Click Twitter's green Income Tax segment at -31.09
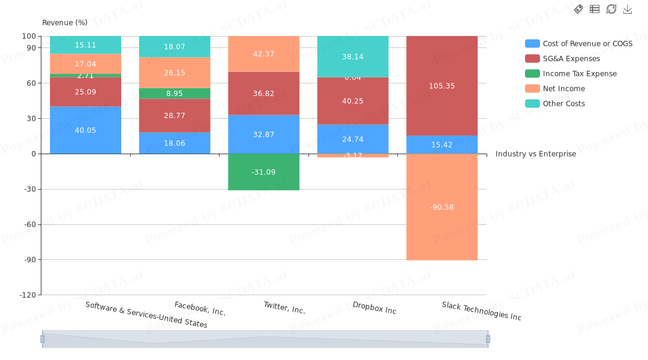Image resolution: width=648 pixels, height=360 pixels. point(263,172)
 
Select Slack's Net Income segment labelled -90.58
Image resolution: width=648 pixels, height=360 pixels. point(442,207)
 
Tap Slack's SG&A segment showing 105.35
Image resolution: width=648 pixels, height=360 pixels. point(442,86)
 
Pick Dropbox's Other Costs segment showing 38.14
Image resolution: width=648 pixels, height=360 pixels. point(353,56)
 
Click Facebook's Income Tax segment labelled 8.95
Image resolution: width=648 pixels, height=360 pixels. point(175,94)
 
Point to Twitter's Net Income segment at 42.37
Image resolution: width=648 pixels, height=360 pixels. point(263,54)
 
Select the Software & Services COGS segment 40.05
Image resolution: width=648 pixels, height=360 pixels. point(85,130)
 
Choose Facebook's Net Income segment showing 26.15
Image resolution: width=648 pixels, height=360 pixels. point(175,73)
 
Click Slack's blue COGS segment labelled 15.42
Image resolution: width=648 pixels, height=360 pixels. point(442,145)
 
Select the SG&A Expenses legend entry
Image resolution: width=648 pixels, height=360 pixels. point(571,59)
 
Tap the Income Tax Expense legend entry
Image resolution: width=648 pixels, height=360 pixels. point(579,74)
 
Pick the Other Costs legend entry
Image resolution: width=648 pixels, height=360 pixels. point(563,104)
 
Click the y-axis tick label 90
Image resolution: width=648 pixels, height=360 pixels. point(31,47)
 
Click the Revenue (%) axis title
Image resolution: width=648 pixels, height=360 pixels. point(65,23)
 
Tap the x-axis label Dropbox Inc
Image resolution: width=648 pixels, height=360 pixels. point(374,308)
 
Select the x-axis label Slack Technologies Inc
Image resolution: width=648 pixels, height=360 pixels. point(482,311)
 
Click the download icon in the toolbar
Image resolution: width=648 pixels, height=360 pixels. point(628,9)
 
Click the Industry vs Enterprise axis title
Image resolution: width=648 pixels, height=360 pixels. point(535,154)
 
